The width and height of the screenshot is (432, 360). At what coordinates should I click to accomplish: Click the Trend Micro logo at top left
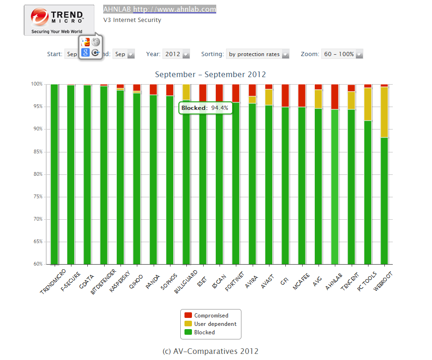[59, 20]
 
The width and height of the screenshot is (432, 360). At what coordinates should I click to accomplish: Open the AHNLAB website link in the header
[159, 9]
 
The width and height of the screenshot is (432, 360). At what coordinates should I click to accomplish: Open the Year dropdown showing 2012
[176, 54]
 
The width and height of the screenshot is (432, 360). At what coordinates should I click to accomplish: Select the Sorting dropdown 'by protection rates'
[257, 54]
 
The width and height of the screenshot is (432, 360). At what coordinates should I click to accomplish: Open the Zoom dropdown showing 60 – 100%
[342, 54]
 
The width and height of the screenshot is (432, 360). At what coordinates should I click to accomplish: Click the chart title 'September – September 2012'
[210, 74]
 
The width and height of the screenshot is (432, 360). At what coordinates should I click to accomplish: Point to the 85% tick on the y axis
[37, 151]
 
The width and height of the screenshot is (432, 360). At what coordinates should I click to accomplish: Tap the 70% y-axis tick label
[37, 219]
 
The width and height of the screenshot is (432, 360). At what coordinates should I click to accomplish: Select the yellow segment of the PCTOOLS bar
[368, 104]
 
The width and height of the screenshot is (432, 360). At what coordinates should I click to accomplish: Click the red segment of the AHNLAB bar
[335, 97]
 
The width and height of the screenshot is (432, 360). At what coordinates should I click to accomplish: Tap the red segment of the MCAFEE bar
[302, 96]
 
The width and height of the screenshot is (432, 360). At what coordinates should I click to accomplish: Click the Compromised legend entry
[211, 316]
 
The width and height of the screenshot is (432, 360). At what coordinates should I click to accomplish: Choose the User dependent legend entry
[215, 324]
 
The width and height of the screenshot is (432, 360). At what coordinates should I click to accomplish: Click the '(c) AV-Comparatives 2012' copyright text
[210, 351]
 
